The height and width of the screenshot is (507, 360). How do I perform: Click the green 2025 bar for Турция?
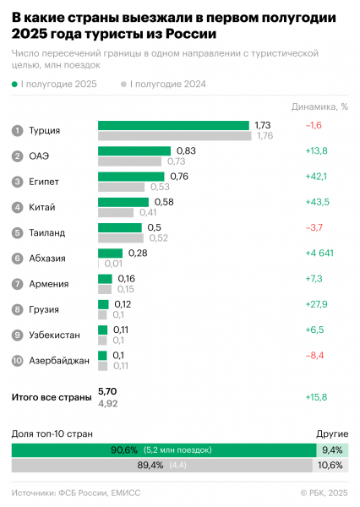tap(173, 125)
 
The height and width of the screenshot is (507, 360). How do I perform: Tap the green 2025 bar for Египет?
tap(132, 177)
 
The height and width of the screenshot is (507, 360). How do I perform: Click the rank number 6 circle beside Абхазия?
tap(17, 259)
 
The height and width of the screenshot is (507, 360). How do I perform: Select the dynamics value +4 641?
tap(323, 253)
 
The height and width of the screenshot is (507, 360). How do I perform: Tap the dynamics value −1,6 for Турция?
tap(314, 125)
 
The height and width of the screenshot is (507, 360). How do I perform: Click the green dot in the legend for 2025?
tap(15, 84)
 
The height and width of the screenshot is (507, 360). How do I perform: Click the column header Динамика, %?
tap(319, 106)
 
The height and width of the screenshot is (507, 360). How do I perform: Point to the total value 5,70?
tap(107, 391)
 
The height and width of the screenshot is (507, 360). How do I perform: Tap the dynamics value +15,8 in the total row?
tap(318, 396)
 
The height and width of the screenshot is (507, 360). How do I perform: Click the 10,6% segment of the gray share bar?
tap(331, 465)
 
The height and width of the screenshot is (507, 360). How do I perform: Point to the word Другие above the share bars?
tap(331, 433)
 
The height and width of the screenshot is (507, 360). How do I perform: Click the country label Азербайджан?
tap(59, 361)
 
